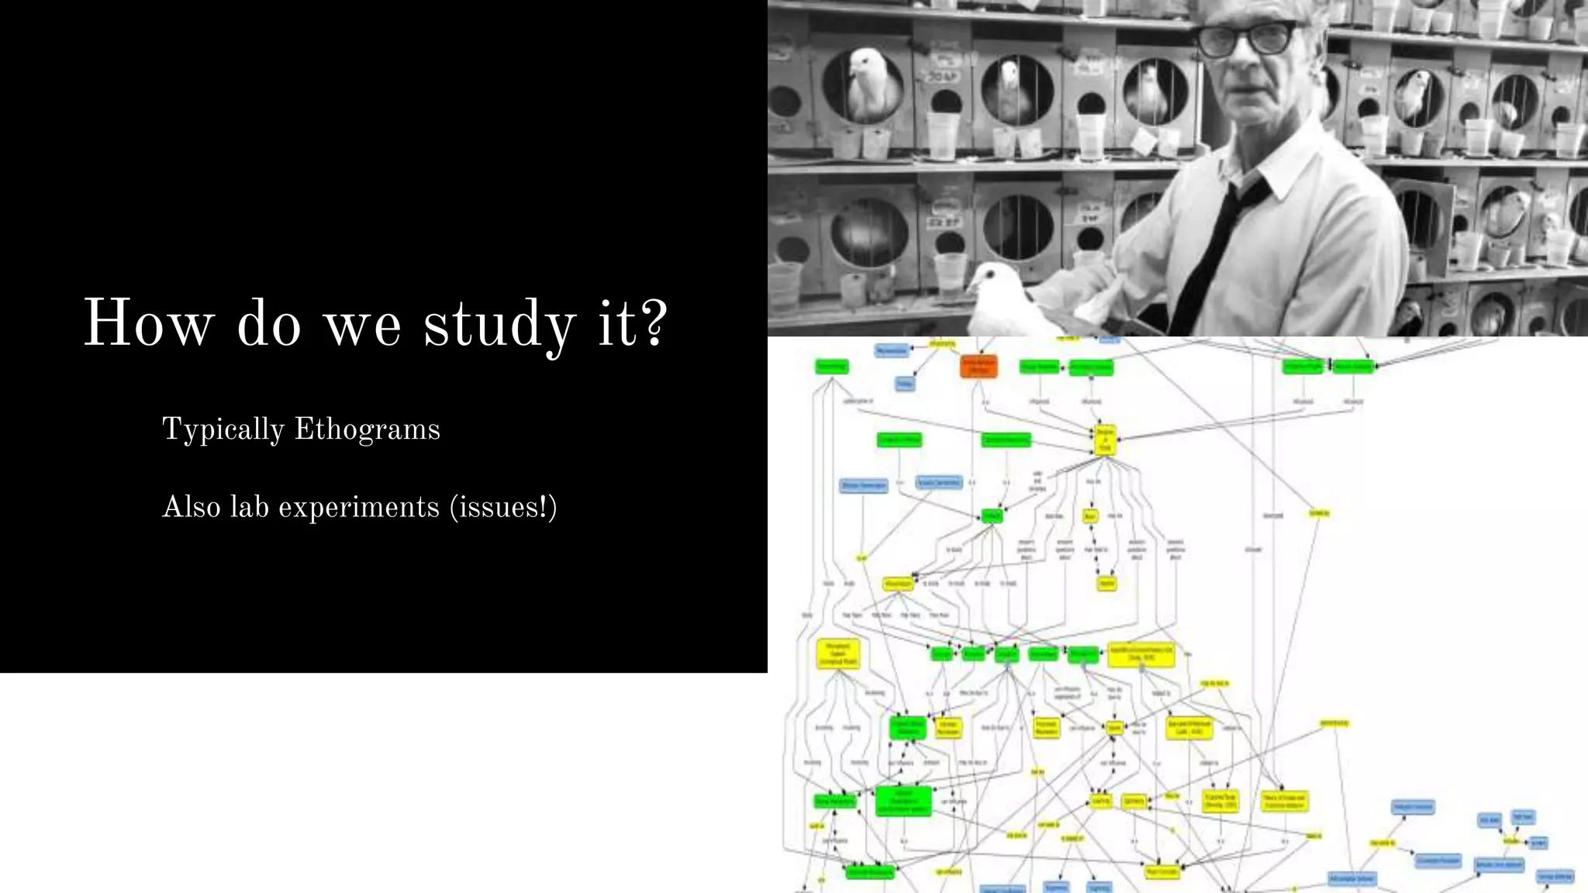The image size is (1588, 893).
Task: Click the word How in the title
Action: (147, 324)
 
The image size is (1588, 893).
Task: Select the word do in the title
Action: (268, 324)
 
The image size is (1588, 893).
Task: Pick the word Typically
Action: (223, 430)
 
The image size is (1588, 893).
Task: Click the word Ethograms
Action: (368, 429)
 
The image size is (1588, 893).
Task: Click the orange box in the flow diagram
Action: (979, 367)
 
